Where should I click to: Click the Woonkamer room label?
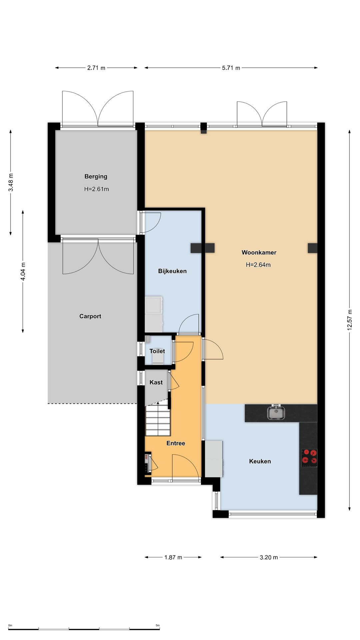259,252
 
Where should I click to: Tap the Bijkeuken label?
172,271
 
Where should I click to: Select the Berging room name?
96,176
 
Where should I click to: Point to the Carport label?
90,316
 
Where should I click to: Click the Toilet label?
157,351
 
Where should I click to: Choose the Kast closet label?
156,382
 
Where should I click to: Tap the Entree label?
176,443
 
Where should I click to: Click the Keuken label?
260,461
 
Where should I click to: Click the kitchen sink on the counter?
276,412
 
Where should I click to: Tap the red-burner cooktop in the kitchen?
309,457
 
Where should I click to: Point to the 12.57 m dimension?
349,320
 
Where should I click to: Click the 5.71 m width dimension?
231,68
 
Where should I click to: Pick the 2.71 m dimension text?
96,68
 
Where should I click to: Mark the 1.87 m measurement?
173,557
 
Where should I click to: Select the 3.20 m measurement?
269,557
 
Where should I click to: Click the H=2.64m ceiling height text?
258,265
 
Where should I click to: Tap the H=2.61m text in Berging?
96,189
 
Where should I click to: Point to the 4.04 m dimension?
23,272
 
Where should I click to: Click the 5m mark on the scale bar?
158,625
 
